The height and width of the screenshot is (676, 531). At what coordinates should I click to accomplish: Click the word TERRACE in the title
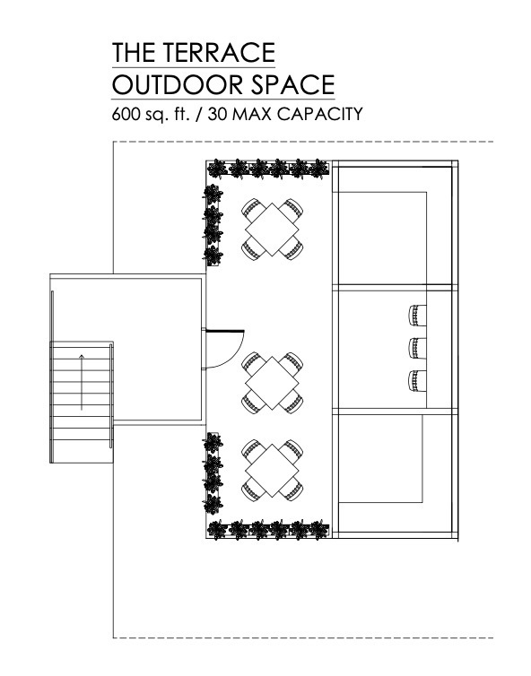(219, 52)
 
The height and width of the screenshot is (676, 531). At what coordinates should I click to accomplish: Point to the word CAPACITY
(319, 114)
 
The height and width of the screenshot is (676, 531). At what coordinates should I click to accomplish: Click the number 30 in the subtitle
(217, 114)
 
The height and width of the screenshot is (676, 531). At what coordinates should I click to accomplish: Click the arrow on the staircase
(82, 382)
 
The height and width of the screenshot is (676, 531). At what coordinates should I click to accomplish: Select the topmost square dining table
(272, 229)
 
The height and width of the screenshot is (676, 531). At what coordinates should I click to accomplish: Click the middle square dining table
(272, 383)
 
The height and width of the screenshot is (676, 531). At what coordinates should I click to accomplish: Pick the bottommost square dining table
(272, 471)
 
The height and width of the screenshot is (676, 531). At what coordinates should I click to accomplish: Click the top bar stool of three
(417, 316)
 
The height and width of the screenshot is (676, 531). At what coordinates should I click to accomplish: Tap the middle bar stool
(417, 349)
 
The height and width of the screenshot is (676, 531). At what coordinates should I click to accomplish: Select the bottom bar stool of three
(417, 381)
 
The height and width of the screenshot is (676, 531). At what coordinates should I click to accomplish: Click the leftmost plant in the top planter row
(217, 169)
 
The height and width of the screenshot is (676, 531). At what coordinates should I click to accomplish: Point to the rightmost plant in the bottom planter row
(319, 530)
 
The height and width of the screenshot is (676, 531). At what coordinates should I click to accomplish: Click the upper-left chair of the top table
(252, 209)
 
